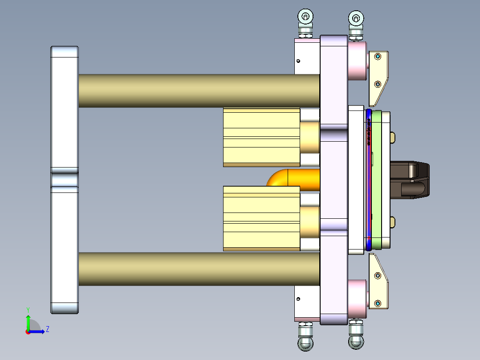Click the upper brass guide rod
tap(199, 91)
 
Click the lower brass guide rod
tap(199, 269)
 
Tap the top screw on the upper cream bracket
tap(378, 57)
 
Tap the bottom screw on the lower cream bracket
tap(378, 303)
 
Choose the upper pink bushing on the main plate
tap(357, 61)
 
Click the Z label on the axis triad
tap(47, 329)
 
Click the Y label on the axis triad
tap(28, 309)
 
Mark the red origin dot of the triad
tap(28, 331)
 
